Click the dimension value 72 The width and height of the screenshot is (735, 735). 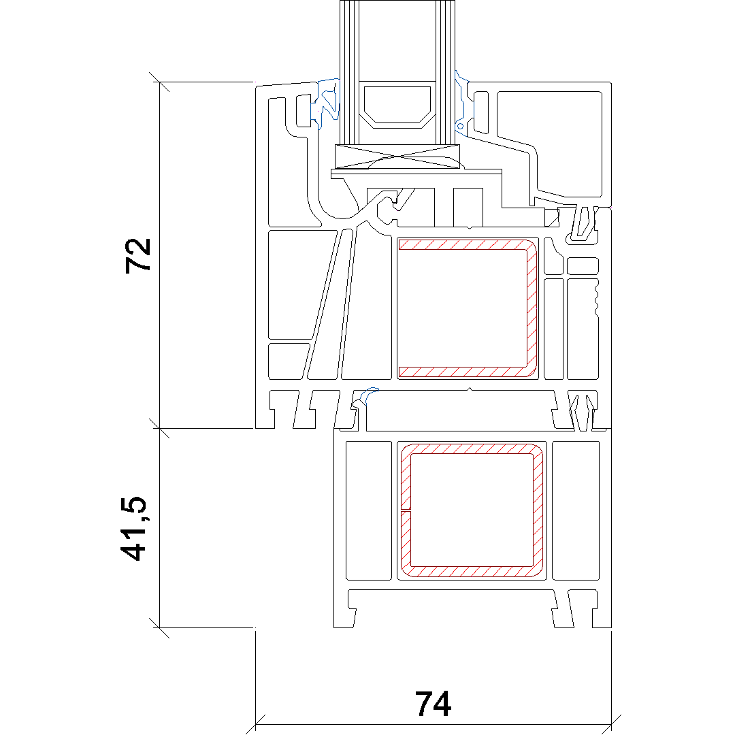pos(138,256)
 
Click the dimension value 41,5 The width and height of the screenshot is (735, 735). pos(133,528)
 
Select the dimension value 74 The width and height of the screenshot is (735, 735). pos(433,704)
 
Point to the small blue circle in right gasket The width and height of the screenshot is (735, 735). pos(460,126)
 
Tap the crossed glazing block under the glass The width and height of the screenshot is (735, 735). pos(397,157)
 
